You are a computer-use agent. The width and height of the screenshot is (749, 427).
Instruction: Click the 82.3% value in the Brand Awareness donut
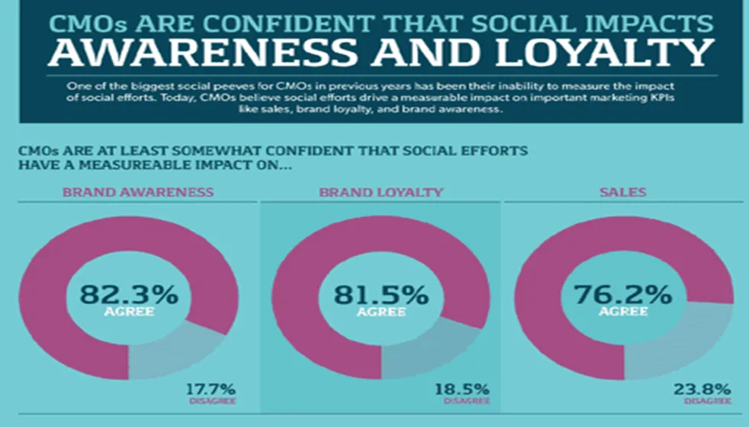tap(129, 294)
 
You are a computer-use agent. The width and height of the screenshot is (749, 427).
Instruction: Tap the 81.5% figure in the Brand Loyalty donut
tap(371, 294)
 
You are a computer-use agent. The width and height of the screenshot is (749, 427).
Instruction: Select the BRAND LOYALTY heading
tap(381, 192)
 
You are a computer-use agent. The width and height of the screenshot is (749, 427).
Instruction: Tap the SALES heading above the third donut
tap(625, 192)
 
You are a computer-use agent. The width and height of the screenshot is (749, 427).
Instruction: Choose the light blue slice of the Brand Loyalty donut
tap(427, 348)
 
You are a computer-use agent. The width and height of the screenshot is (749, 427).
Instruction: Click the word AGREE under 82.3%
tap(129, 312)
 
